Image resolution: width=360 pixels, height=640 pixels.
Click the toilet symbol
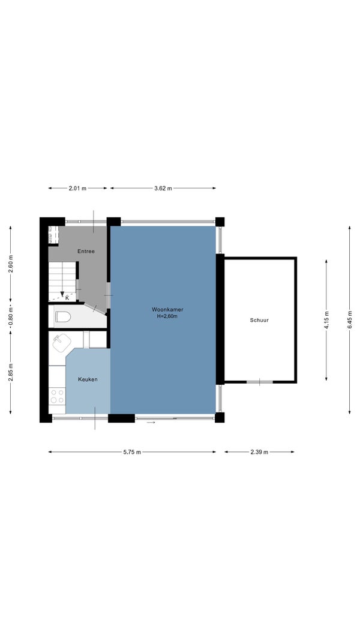[63, 316]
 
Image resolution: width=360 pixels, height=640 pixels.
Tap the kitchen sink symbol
[62, 342]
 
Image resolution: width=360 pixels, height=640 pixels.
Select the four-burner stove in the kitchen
[57, 396]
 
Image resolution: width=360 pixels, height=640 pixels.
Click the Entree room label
[86, 252]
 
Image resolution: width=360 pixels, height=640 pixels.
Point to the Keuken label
[88, 379]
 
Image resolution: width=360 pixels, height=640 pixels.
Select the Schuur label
[259, 321]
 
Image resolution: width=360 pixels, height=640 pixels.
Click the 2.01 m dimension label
[77, 188]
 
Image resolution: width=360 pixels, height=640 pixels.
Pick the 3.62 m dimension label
[163, 188]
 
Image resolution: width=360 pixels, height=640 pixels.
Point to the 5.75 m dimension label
[132, 452]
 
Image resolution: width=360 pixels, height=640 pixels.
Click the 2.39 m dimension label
[259, 452]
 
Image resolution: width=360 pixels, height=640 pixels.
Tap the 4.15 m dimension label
[326, 320]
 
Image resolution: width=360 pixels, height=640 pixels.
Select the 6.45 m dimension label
[349, 320]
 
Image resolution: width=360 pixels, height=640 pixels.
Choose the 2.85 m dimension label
[11, 372]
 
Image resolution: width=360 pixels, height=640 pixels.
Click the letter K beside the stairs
[67, 298]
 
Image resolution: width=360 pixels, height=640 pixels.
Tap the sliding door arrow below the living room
[151, 423]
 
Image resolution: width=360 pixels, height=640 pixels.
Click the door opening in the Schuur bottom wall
[260, 382]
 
